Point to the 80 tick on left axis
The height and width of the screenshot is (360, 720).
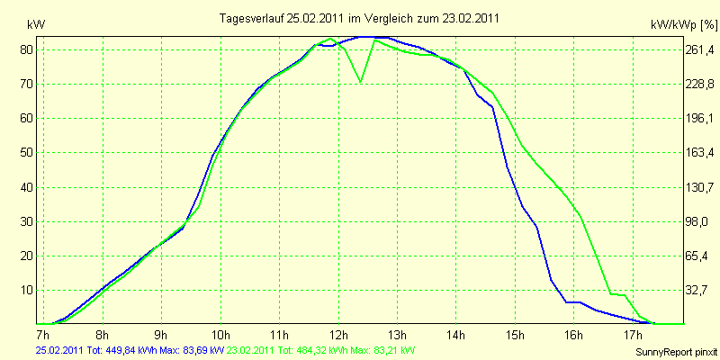pos(26,49)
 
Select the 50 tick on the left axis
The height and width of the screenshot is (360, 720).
pos(26,153)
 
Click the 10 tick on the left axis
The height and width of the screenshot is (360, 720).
pos(26,290)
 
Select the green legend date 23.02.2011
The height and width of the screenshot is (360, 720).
pos(256,350)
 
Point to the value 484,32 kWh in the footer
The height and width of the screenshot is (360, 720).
pos(326,350)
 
